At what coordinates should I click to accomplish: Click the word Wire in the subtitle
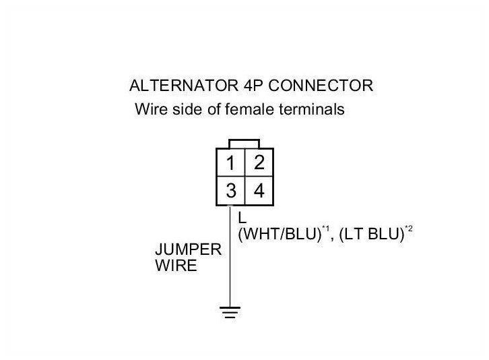[150, 109]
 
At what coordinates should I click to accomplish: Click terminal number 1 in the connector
[230, 163]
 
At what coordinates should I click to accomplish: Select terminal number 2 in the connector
[259, 163]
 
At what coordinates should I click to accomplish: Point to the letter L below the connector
[240, 218]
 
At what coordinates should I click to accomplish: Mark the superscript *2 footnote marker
[407, 230]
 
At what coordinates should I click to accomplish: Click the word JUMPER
[188, 250]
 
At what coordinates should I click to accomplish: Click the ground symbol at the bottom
[230, 311]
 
